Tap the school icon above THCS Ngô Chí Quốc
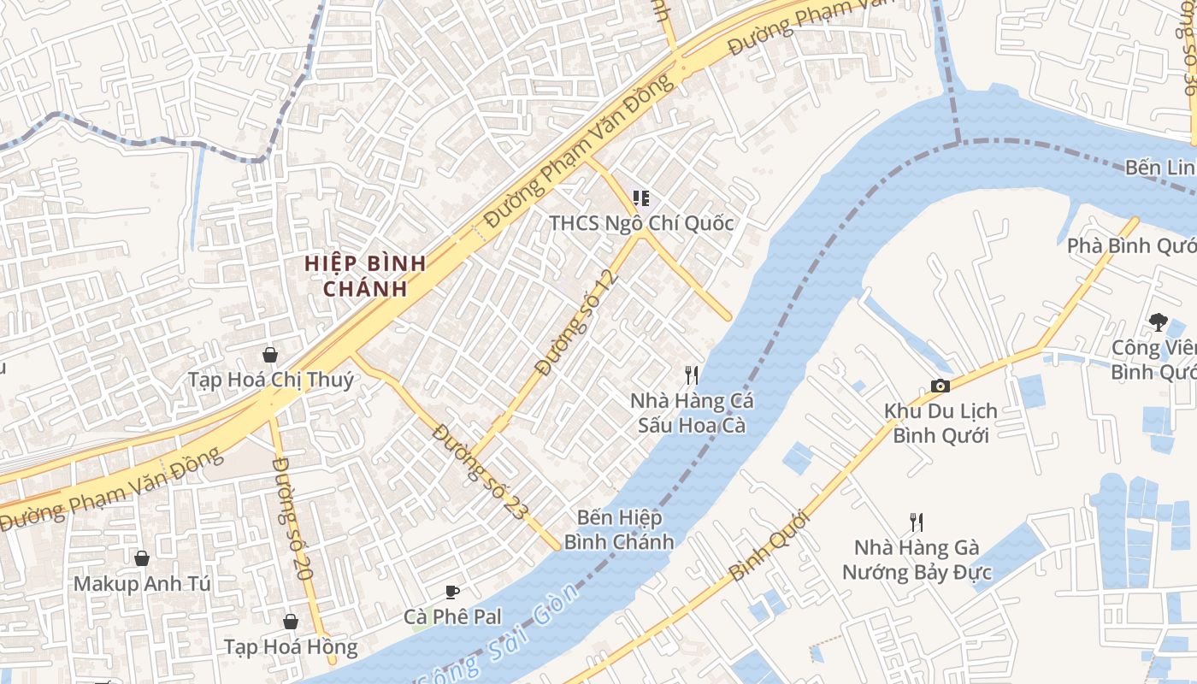[x=640, y=199]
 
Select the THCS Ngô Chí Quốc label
[x=641, y=223]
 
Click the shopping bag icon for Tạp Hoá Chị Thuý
[x=270, y=355]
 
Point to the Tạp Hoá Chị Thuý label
[x=270, y=380]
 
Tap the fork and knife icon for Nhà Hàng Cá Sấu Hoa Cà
[x=692, y=374]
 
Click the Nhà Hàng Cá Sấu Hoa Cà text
[x=692, y=412]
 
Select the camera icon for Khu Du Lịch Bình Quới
[x=940, y=386]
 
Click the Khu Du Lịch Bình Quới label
[x=940, y=422]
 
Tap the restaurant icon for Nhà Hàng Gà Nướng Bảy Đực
[x=917, y=522]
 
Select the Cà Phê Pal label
[x=452, y=616]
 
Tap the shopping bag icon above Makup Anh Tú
[x=142, y=558]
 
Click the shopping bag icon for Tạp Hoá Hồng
[x=291, y=622]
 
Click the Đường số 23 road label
[x=479, y=471]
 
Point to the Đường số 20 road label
[x=291, y=518]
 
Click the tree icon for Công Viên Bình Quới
[x=1159, y=322]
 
